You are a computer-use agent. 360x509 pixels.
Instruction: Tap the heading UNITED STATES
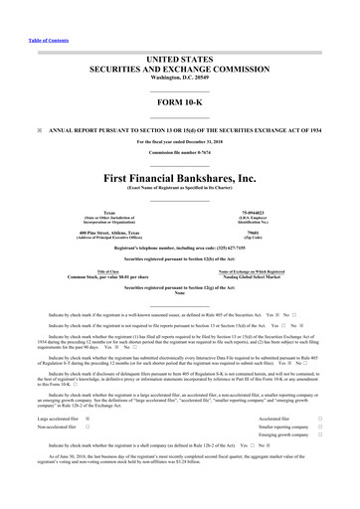coord(180,32)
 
